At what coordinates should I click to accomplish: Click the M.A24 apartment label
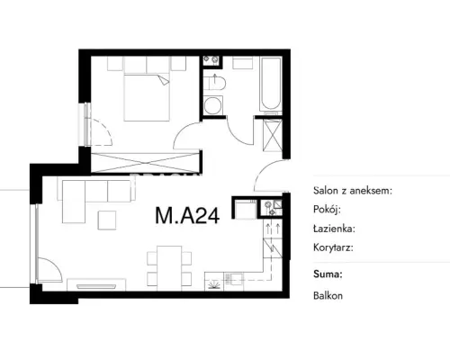pyautogui.click(x=187, y=215)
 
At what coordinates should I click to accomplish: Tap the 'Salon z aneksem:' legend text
pyautogui.click(x=353, y=190)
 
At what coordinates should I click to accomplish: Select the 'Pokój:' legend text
pyautogui.click(x=327, y=209)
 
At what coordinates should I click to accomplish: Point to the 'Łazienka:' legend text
pyautogui.click(x=334, y=229)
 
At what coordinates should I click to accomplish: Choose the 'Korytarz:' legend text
pyautogui.click(x=333, y=247)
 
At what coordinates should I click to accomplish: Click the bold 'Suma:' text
pyautogui.click(x=328, y=274)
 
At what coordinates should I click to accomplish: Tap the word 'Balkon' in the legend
pyautogui.click(x=328, y=296)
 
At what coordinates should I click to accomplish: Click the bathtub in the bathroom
pyautogui.click(x=271, y=84)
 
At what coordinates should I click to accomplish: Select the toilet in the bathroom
pyautogui.click(x=214, y=83)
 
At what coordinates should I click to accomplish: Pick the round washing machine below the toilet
pyautogui.click(x=212, y=105)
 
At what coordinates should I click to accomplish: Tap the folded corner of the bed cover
pyautogui.click(x=164, y=80)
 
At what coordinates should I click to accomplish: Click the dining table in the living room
pyautogui.click(x=169, y=268)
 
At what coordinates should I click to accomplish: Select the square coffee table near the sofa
pyautogui.click(x=107, y=220)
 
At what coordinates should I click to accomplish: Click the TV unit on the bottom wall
pyautogui.click(x=96, y=285)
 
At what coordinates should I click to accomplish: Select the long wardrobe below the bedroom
pyautogui.click(x=145, y=163)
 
